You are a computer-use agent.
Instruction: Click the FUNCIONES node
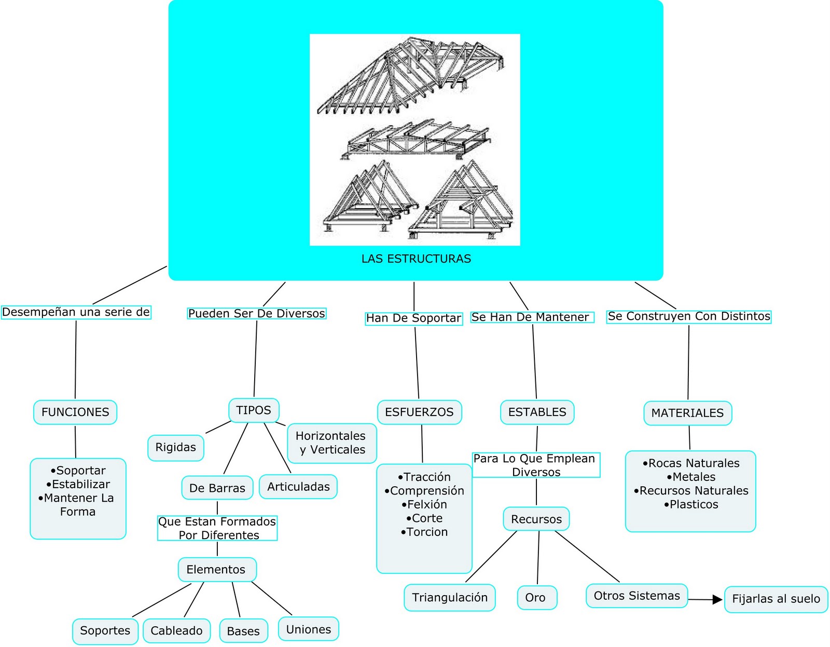click(x=75, y=412)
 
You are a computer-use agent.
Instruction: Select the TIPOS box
click(x=254, y=410)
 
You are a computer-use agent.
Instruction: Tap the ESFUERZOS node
click(x=419, y=412)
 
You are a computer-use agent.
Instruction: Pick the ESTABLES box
click(x=537, y=412)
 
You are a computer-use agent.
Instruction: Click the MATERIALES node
click(x=687, y=413)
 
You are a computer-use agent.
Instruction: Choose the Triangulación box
click(x=449, y=598)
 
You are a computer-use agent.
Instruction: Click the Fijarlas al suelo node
click(x=776, y=599)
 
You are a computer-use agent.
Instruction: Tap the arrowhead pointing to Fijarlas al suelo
click(x=717, y=600)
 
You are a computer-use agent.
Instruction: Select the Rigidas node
click(x=176, y=447)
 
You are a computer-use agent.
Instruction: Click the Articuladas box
click(x=298, y=487)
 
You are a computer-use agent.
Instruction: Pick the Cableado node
click(x=176, y=630)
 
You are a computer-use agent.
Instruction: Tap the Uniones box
click(x=309, y=629)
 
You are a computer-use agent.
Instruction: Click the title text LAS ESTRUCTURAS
click(x=416, y=258)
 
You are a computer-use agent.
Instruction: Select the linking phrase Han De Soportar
click(x=413, y=318)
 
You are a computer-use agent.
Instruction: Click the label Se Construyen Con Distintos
click(x=689, y=316)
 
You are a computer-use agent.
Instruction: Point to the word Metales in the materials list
click(x=694, y=477)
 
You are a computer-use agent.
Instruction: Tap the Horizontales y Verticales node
click(x=331, y=443)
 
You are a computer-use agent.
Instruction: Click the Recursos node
click(x=536, y=519)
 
